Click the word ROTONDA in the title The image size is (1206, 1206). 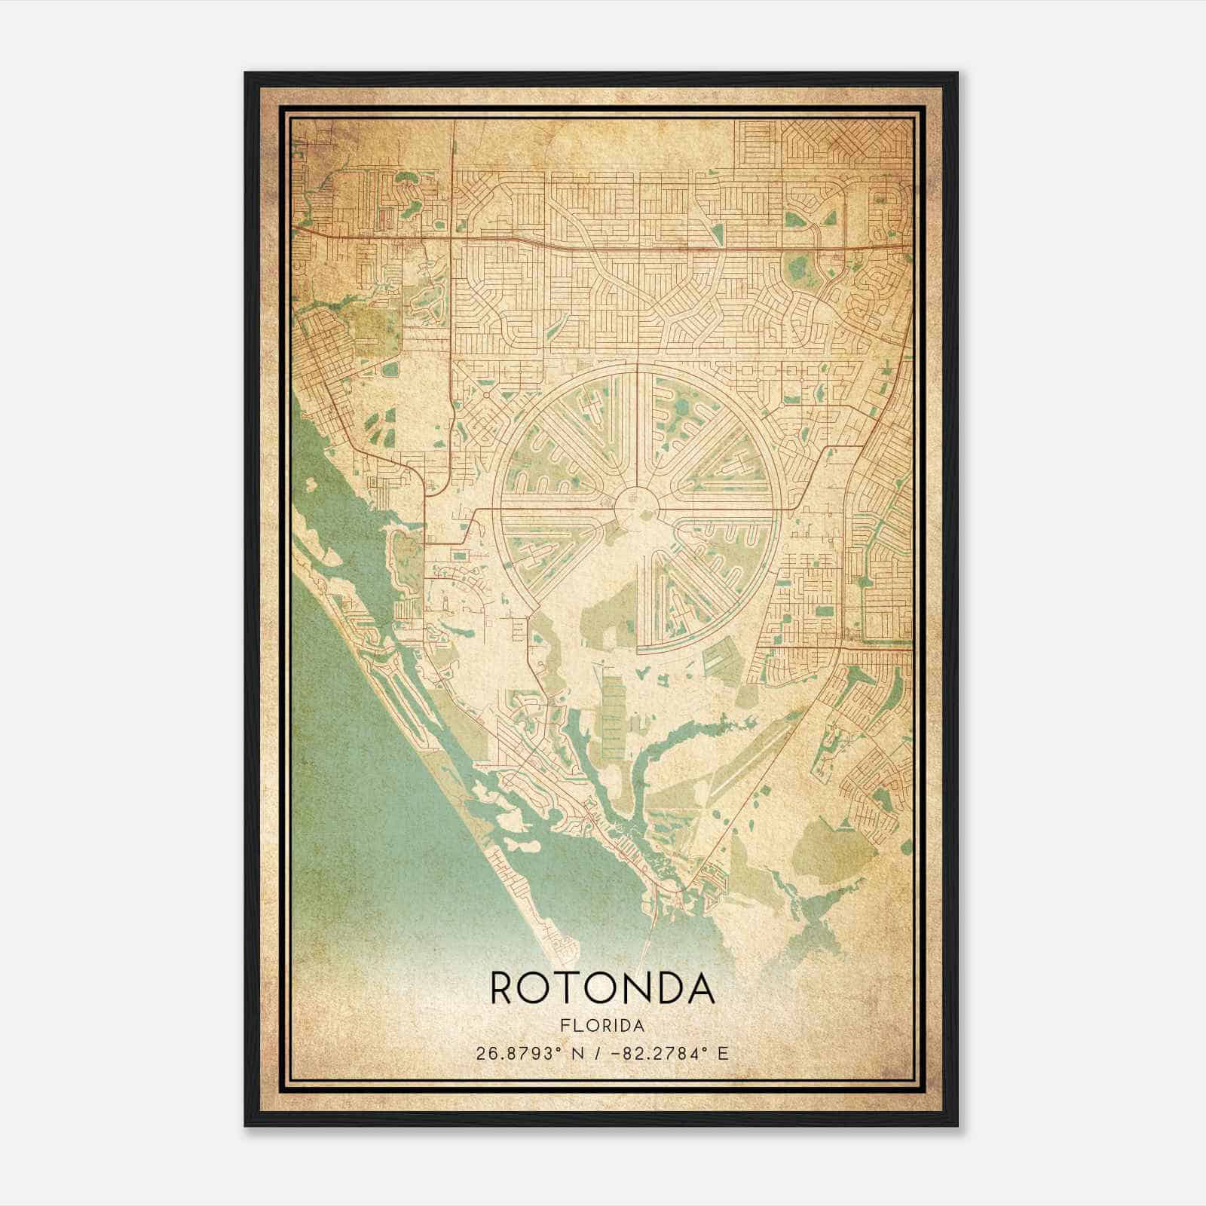click(602, 987)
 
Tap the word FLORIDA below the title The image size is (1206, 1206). click(602, 1026)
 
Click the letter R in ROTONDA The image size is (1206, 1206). click(504, 987)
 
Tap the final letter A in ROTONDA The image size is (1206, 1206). click(701, 987)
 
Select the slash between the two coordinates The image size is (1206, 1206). click(598, 1054)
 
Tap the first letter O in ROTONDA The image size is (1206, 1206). click(537, 987)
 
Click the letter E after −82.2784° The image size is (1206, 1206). click(723, 1054)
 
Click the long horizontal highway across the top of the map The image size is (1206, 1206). click(603, 240)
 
